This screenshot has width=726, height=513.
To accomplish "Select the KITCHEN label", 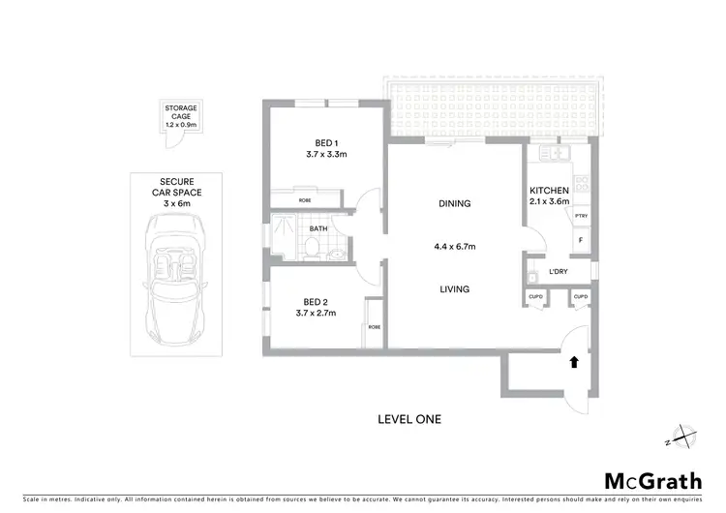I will coord(549,190).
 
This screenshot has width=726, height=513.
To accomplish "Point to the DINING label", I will coord(454,204).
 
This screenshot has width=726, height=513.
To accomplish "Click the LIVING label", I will coord(454,289).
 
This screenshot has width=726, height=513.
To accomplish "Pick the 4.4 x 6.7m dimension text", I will coord(454,246).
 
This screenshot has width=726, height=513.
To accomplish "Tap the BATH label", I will coord(318,229).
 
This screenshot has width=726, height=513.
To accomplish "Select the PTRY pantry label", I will coord(581,217).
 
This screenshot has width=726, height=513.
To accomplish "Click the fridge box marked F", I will coord(581,238).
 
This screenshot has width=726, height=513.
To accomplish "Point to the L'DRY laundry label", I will coord(558,272).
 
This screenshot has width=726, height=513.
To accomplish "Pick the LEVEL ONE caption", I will coord(408,419).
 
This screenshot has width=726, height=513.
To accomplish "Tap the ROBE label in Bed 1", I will coord(304,200).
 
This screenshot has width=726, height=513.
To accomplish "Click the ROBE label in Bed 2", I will coord(374,327).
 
